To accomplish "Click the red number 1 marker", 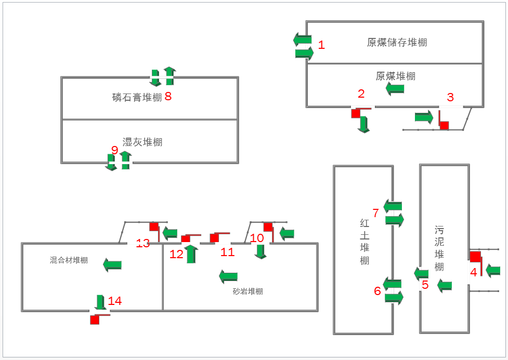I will point(321,45).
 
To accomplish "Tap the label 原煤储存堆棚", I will point(397,43).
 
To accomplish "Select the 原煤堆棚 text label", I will point(395,76).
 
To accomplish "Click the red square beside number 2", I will point(356,113).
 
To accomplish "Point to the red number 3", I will point(450,97).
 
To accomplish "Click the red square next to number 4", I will point(475,257).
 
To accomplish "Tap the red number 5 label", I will point(425,285).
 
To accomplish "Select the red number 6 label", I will point(377,291).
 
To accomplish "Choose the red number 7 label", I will point(375,213).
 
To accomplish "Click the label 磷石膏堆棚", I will point(137,97).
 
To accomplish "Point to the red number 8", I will point(168,96).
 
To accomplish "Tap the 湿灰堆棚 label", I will point(142,142).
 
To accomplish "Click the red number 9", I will point(115,150).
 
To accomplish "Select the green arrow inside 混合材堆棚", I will point(112,265).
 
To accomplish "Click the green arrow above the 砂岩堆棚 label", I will point(228,276).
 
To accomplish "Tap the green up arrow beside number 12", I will point(191,254).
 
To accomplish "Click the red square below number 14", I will point(95,319).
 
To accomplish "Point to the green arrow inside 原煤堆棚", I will point(395,89).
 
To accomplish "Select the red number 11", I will point(227,252).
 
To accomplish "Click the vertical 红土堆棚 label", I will point(364,242).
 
